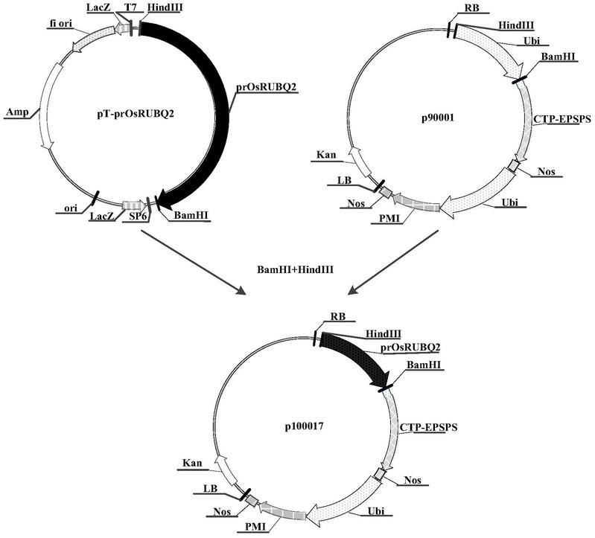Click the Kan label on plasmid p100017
pyautogui.click(x=190, y=463)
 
